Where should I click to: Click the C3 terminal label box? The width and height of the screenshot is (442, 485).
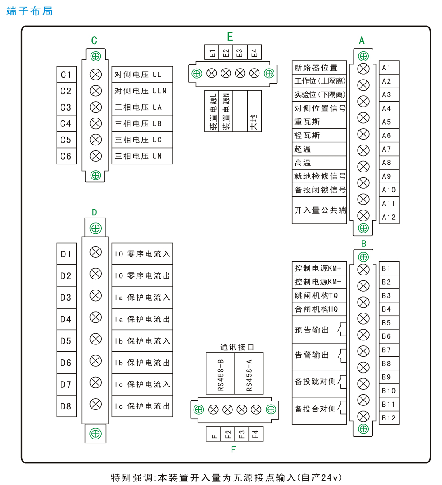pos(66,107)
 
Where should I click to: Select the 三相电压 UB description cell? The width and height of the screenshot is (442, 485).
pos(142,124)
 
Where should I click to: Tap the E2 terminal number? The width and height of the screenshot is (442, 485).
pos(226,53)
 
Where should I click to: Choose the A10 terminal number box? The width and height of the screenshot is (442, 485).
pos(389,190)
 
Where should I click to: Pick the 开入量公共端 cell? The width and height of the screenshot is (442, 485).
pos(319,210)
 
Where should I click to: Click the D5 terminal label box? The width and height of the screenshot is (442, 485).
pos(66,341)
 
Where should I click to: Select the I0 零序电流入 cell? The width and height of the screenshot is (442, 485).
pos(142,254)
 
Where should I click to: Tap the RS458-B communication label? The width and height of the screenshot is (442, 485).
pos(221,374)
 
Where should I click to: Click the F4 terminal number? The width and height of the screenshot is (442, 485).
pos(255,434)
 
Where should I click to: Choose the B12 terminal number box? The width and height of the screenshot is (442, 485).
pos(389,418)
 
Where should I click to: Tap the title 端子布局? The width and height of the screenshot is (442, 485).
pos(30,11)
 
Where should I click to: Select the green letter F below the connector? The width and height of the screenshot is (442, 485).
pos(233,450)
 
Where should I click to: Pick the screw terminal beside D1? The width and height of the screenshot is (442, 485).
pos(95,252)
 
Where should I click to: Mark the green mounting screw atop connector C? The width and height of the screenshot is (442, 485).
pos(95,56)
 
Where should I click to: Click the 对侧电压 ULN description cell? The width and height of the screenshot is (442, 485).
pos(142,91)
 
